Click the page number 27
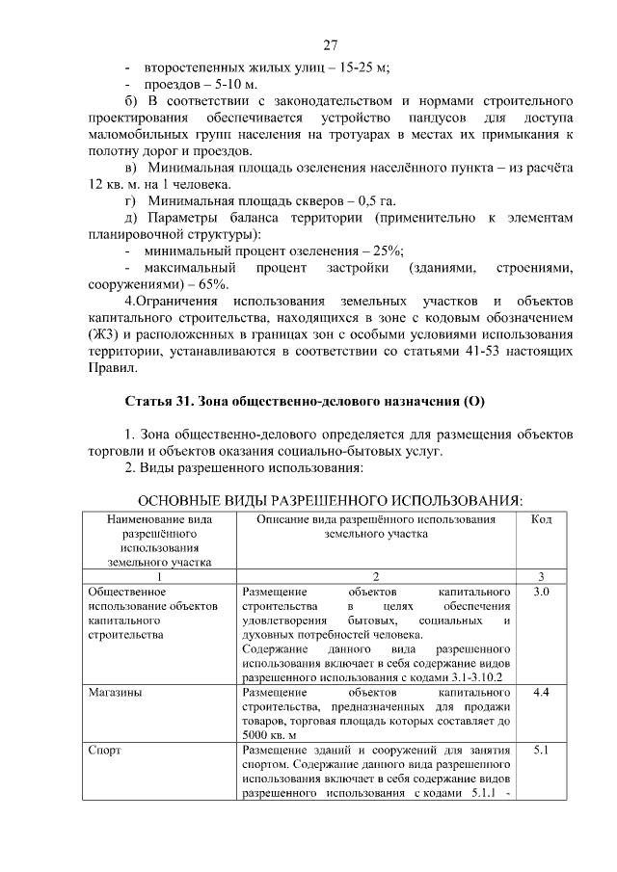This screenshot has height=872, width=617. pos(330,45)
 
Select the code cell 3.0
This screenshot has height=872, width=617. pos(541,591)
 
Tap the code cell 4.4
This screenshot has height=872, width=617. pos(541,692)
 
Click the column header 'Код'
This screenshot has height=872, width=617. pos(541,519)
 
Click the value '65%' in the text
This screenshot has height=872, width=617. pos(213,284)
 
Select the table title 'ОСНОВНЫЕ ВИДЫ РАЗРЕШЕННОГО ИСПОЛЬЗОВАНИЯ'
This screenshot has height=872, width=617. pos(331,500)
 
